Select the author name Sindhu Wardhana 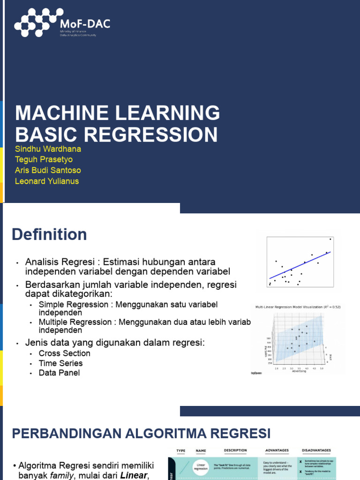(48, 149)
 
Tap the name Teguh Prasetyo (44, 159)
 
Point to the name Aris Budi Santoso (48, 170)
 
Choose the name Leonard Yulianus (47, 181)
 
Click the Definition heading (49, 234)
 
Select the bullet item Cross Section (65, 353)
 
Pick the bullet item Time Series (60, 363)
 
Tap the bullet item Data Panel (59, 373)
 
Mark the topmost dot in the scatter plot (330, 239)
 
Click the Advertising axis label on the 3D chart (299, 371)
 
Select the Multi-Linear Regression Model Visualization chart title (298, 307)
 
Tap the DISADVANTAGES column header (316, 450)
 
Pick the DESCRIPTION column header (235, 450)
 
